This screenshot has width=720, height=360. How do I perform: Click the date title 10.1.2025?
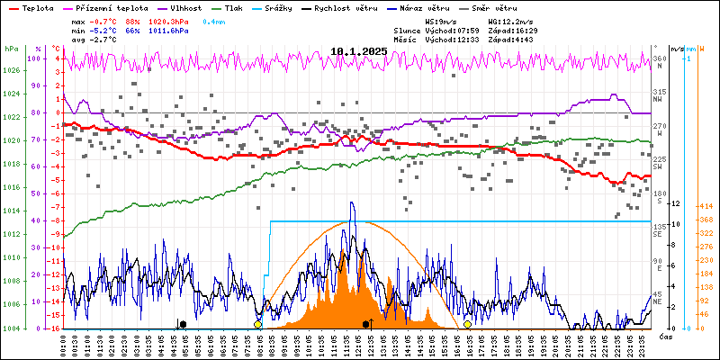pyautogui.click(x=359, y=51)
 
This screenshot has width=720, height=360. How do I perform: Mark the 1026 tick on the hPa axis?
pyautogui.click(x=11, y=70)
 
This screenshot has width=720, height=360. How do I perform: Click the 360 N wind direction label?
pyautogui.click(x=660, y=62)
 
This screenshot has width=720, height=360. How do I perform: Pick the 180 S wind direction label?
pyautogui.click(x=660, y=197)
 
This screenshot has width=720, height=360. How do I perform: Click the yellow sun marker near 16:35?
pyautogui.click(x=467, y=324)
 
